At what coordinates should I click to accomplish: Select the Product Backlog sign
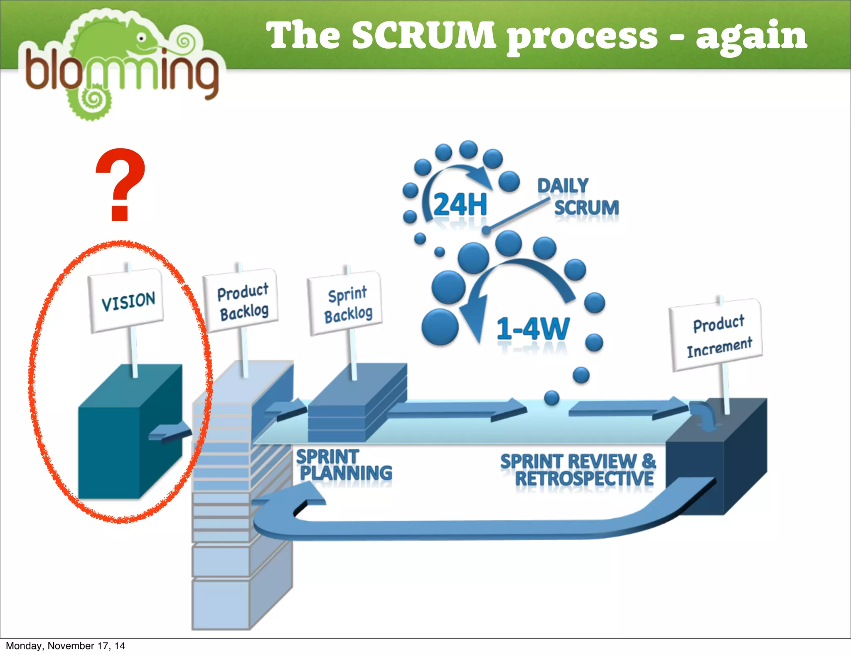(x=242, y=301)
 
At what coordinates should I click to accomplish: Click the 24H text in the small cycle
(x=460, y=204)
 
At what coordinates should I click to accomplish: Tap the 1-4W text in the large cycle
(x=533, y=329)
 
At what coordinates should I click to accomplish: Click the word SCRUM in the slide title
(x=424, y=35)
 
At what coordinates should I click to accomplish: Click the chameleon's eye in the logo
(x=142, y=38)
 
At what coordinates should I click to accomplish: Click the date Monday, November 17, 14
(x=65, y=646)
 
